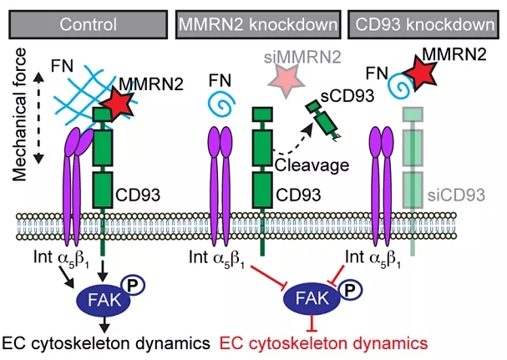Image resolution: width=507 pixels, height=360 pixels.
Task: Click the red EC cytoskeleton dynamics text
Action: pyautogui.click(x=322, y=342)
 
